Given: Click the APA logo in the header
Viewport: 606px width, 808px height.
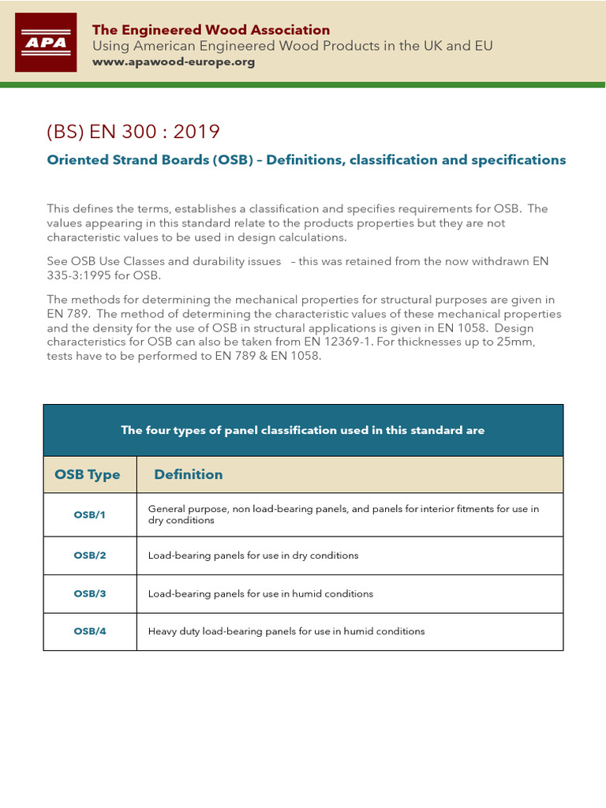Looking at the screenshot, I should pos(46,42).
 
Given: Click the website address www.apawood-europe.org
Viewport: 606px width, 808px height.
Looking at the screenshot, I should pos(174,62).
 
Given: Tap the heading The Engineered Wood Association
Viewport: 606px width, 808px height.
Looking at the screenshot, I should pos(211,30).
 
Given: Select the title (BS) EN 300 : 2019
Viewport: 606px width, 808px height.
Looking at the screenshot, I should pos(133,131).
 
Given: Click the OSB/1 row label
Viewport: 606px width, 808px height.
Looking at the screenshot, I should pos(89,514).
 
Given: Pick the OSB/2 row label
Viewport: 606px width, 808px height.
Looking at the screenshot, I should pos(89,555).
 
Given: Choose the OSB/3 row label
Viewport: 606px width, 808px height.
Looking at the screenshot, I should pos(89,593).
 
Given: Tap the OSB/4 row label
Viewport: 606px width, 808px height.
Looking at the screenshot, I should pos(89,631).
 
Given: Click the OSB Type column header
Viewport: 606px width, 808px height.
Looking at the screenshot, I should pos(88,474).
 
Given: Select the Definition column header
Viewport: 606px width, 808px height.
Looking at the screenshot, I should pos(189,474).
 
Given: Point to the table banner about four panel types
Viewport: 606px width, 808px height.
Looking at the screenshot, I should pos(303,430).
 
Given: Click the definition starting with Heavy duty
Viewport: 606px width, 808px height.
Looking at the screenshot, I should pos(286,631).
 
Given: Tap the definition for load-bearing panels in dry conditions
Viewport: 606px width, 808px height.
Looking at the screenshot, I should pos(253,555).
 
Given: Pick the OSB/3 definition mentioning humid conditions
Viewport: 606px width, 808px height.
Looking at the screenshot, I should pos(260,593).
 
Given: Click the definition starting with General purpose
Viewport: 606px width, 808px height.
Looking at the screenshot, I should pos(343,514).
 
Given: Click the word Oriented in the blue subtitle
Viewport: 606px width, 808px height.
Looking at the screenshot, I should pos(73,159).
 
